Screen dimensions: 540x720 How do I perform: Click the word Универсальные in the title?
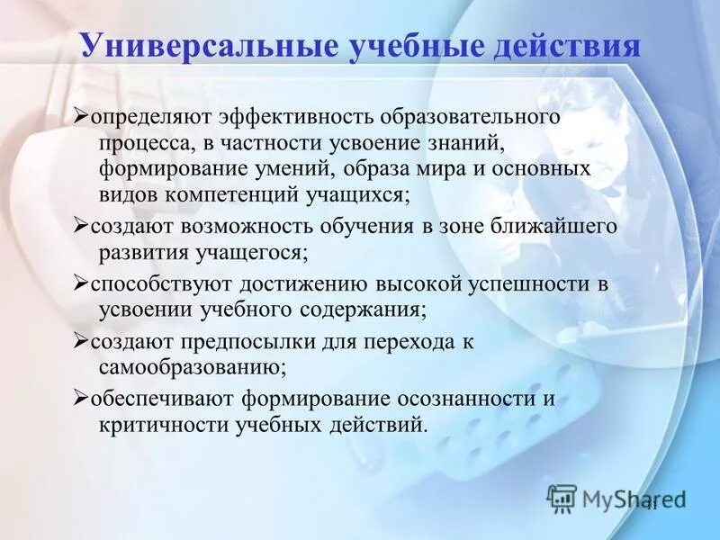tap(207, 47)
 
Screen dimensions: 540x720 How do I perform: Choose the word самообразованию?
tap(193, 366)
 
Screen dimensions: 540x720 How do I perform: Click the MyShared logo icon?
tap(562, 498)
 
